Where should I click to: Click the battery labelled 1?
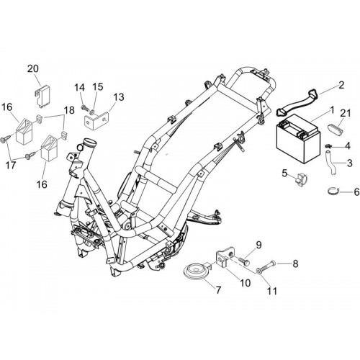coord(298,139)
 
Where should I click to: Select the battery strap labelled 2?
coord(297,101)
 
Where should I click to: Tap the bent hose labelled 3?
coord(329,162)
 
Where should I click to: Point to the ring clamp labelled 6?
coord(334,191)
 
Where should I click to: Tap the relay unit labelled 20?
coord(42,96)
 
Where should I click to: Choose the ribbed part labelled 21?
coord(335,126)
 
